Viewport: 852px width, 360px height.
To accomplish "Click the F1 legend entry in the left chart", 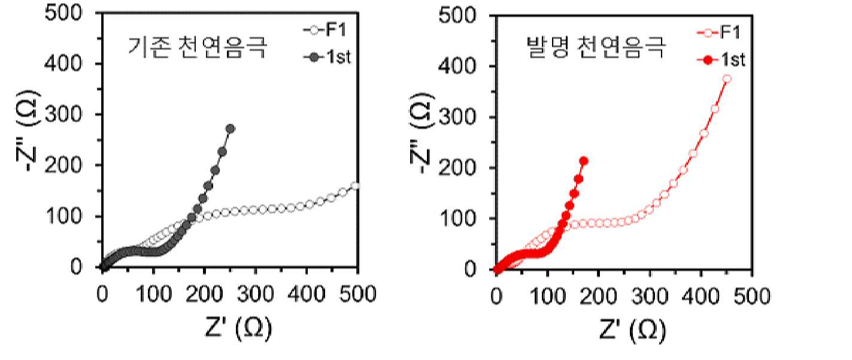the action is point(325,30).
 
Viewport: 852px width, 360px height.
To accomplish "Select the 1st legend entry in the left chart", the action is point(327,58).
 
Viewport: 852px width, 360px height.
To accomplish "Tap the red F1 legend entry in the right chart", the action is point(719,32).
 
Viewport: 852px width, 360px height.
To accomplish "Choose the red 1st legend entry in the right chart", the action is point(721,60).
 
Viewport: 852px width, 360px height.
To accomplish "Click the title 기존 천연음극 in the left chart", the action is point(198,47).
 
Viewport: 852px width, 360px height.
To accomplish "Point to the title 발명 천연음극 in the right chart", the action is point(596,47).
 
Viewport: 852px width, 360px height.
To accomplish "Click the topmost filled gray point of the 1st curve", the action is point(230,129).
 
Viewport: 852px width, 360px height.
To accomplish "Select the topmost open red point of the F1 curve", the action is point(727,79).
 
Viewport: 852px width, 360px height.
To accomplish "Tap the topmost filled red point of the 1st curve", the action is point(584,161).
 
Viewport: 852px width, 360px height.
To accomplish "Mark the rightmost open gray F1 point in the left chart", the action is point(355,186).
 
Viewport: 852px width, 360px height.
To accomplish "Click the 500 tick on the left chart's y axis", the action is point(63,13).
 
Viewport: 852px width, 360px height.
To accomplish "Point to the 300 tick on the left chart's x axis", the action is point(255,294).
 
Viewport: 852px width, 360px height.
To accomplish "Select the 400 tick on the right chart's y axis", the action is point(457,66).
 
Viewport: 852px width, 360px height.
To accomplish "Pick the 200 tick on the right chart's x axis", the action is point(598,296).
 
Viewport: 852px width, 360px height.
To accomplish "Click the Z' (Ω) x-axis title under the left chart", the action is point(238,328).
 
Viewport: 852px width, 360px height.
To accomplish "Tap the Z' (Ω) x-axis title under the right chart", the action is point(632,329).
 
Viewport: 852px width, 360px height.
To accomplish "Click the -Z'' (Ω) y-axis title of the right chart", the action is point(422,132).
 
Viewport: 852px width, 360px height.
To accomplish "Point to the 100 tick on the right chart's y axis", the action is point(457,219).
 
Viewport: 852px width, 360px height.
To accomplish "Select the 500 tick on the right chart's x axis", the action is point(752,296).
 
